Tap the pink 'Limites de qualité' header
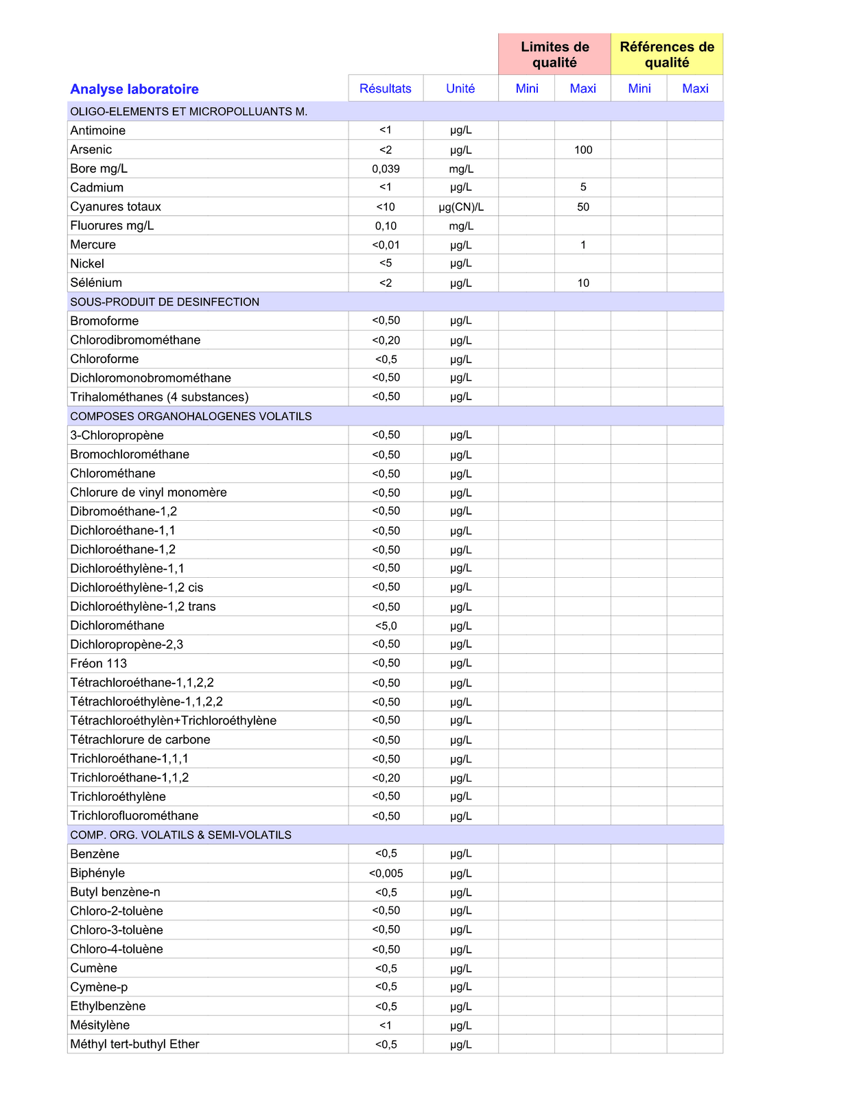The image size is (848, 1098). click(554, 55)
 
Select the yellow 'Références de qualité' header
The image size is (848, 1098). click(667, 55)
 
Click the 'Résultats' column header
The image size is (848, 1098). click(386, 89)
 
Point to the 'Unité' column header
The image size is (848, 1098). click(460, 89)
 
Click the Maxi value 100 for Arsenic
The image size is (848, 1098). click(583, 150)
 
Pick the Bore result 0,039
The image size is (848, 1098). click(386, 169)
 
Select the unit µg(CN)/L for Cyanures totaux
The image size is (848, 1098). click(460, 207)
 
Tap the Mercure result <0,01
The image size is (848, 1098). click(386, 245)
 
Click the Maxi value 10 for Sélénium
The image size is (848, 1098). click(583, 283)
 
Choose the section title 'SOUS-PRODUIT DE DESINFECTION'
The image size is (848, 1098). click(165, 302)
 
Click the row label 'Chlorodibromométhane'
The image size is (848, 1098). click(135, 340)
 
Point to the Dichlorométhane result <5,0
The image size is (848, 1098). click(386, 626)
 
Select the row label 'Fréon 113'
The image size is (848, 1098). click(98, 664)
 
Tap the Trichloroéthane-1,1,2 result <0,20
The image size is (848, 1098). click(386, 778)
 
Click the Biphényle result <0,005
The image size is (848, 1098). click(386, 874)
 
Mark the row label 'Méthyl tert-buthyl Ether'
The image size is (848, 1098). click(134, 1044)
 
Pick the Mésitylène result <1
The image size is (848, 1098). click(386, 1025)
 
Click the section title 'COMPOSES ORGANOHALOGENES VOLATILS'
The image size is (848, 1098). click(191, 417)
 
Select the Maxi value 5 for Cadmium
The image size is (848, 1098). click(583, 187)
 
